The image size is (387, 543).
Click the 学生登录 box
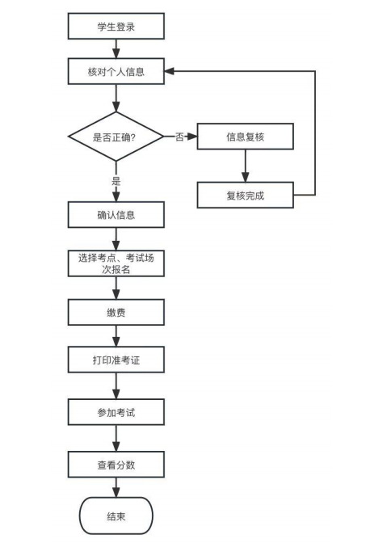tap(116, 26)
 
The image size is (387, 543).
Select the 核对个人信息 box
tap(116, 71)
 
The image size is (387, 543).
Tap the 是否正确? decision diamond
tap(116, 137)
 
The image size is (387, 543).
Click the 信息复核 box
tap(246, 137)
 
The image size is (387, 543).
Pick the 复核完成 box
tap(246, 195)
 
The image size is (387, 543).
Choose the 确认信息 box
tap(116, 215)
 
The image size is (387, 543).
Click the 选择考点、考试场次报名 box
tap(116, 263)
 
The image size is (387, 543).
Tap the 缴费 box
tap(116, 313)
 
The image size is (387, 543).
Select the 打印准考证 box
tap(116, 360)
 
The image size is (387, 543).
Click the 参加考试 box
tap(116, 412)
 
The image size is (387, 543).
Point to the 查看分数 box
tap(116, 465)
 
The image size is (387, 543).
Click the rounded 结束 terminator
tap(116, 516)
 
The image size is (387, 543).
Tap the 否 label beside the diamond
tap(179, 137)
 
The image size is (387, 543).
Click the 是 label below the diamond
tap(116, 181)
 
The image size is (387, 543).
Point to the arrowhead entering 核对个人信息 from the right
tap(170, 71)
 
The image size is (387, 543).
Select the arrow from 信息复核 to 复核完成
tap(246, 166)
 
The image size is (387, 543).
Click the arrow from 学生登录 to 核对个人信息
tap(116, 48)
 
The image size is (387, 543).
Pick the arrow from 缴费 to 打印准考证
tap(116, 336)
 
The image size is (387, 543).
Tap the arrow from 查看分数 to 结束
tap(116, 487)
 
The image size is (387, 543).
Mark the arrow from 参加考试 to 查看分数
tap(116, 438)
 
